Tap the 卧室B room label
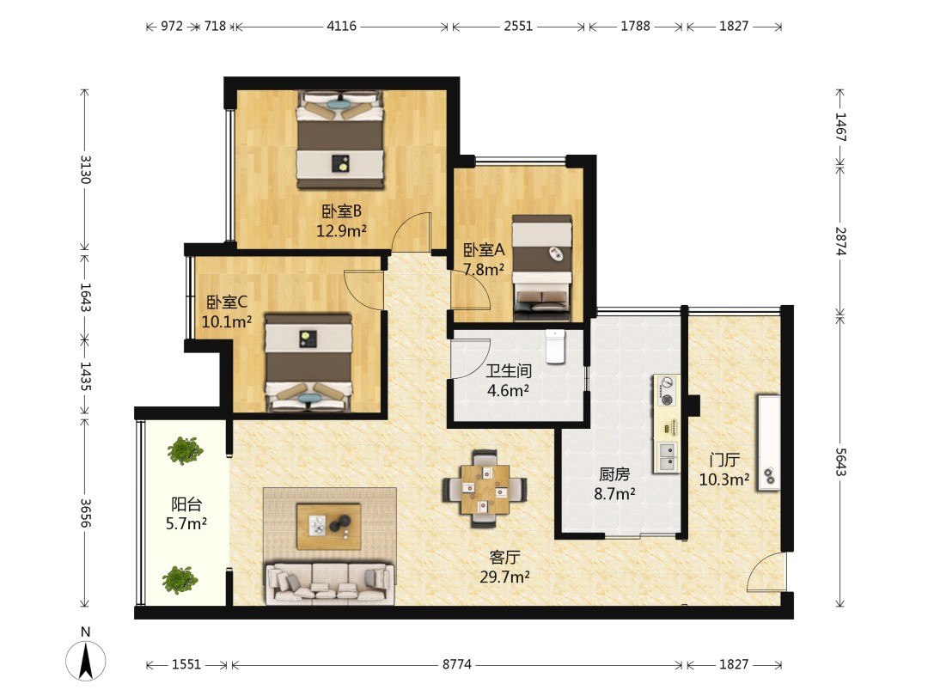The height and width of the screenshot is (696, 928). pyautogui.click(x=341, y=211)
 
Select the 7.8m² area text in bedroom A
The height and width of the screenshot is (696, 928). pyautogui.click(x=484, y=270)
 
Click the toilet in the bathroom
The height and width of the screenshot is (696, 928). pyautogui.click(x=555, y=346)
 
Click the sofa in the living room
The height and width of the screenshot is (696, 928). pyautogui.click(x=330, y=583)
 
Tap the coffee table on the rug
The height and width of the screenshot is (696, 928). pyautogui.click(x=328, y=526)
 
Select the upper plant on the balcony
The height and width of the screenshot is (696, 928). pyautogui.click(x=185, y=450)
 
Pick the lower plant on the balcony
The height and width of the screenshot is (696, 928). pyautogui.click(x=180, y=580)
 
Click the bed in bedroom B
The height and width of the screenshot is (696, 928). pyautogui.click(x=340, y=140)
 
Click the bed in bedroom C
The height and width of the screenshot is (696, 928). pyautogui.click(x=308, y=363)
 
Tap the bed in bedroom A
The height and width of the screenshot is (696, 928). pyautogui.click(x=541, y=267)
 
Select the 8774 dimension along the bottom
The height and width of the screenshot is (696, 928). pyautogui.click(x=457, y=664)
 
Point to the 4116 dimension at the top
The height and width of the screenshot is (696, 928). pyautogui.click(x=341, y=26)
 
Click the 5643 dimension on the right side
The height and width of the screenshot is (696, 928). pyautogui.click(x=840, y=461)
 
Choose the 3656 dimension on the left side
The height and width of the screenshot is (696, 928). pyautogui.click(x=86, y=513)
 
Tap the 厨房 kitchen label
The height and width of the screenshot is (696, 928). pyautogui.click(x=614, y=474)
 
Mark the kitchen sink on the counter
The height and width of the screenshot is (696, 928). pyautogui.click(x=667, y=456)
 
